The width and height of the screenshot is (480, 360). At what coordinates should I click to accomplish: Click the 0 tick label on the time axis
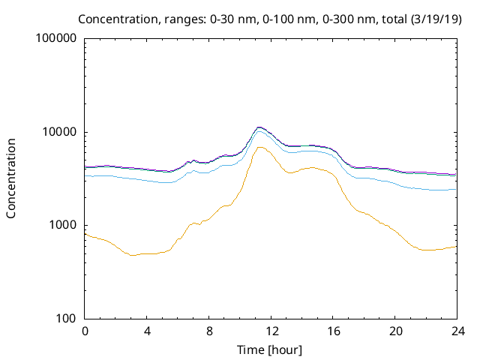click(x=85, y=331)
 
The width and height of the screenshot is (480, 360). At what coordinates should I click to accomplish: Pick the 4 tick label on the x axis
click(x=147, y=331)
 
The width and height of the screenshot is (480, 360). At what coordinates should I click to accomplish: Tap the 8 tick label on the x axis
click(x=209, y=331)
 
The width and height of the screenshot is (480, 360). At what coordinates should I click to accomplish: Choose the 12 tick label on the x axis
click(x=271, y=331)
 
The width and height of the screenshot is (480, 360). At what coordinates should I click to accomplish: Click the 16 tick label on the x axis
click(x=333, y=331)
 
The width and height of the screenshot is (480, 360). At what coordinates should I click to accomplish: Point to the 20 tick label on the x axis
click(x=394, y=331)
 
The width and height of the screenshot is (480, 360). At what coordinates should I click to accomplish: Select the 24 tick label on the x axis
click(x=457, y=331)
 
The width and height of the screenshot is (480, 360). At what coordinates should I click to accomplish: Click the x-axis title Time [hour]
click(x=271, y=349)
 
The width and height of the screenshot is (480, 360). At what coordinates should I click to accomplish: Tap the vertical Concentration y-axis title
click(x=11, y=178)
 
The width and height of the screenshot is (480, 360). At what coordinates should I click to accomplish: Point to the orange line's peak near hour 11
click(x=259, y=147)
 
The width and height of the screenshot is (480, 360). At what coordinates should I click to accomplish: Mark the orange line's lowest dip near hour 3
click(x=133, y=255)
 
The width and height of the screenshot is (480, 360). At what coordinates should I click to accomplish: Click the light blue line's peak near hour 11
click(x=259, y=131)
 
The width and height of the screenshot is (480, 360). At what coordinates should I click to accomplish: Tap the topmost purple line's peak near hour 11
click(x=259, y=127)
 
